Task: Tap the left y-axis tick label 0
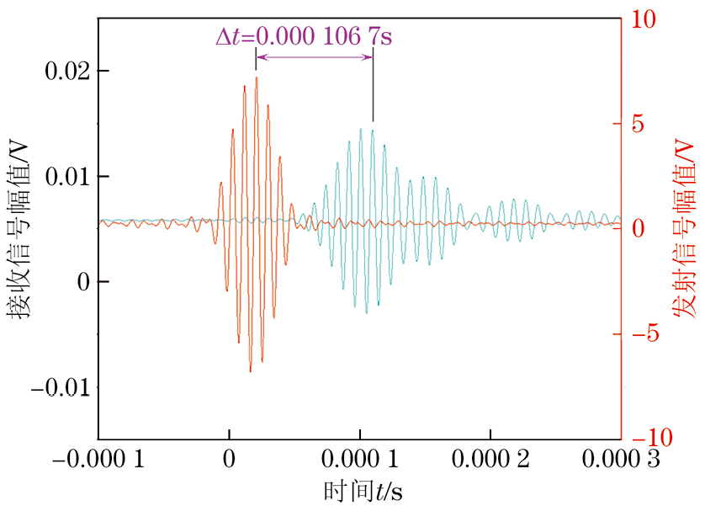82,282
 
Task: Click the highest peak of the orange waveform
256,77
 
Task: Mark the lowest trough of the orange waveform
250,371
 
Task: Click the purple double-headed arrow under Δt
314,57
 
